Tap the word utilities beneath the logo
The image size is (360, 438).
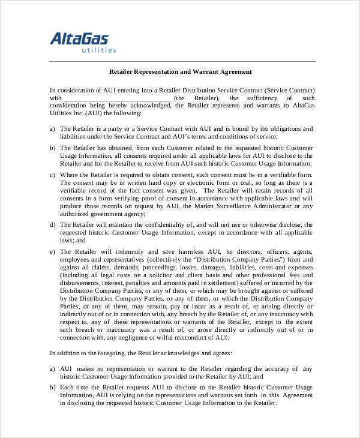pyautogui.click(x=98, y=50)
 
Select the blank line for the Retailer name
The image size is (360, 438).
pyautogui.click(x=117, y=98)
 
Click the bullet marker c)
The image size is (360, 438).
pyautogui.click(x=53, y=175)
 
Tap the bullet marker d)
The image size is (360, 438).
pyautogui.click(x=53, y=224)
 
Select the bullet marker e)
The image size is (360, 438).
pyautogui.click(x=53, y=251)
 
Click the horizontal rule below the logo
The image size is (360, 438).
pyautogui.click(x=180, y=61)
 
